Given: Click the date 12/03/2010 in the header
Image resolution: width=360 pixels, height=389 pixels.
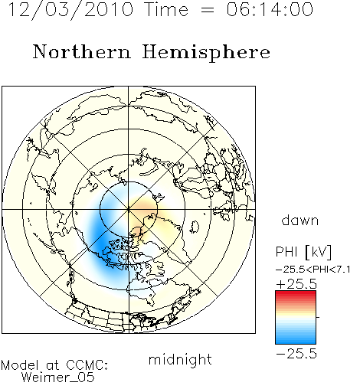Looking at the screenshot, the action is pyautogui.click(x=70, y=10).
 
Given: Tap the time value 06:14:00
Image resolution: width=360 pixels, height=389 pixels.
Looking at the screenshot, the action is pyautogui.click(x=270, y=9).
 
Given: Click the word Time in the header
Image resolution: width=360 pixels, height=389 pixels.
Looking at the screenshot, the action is pyautogui.click(x=166, y=9).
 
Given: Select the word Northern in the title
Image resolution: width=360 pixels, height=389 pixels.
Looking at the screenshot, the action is pyautogui.click(x=82, y=52).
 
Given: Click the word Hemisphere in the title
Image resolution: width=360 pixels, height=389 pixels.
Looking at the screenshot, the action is pyautogui.click(x=206, y=53).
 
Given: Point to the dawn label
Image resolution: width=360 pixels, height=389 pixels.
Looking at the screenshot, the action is pyautogui.click(x=300, y=220).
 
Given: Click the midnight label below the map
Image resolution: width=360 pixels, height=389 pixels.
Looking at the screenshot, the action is pyautogui.click(x=180, y=359).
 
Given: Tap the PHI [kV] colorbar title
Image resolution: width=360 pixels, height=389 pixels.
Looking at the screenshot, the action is pyautogui.click(x=303, y=252).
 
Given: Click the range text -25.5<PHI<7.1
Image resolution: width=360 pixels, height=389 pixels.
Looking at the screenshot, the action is pyautogui.click(x=313, y=270).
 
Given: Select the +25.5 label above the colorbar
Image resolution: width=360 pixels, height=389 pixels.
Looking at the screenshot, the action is pyautogui.click(x=296, y=284).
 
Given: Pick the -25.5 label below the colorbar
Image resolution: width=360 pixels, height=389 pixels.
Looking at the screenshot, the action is pyautogui.click(x=296, y=354).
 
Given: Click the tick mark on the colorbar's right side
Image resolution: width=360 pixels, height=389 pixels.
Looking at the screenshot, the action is pyautogui.click(x=318, y=317).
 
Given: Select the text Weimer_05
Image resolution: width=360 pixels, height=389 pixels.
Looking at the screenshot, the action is pyautogui.click(x=58, y=378).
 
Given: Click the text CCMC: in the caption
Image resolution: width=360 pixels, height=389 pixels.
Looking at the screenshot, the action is pyautogui.click(x=87, y=365).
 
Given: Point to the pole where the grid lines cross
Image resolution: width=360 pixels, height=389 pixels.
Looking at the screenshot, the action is pyautogui.click(x=129, y=209).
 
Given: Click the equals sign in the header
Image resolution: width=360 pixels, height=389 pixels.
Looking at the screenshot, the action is pyautogui.click(x=208, y=11).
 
